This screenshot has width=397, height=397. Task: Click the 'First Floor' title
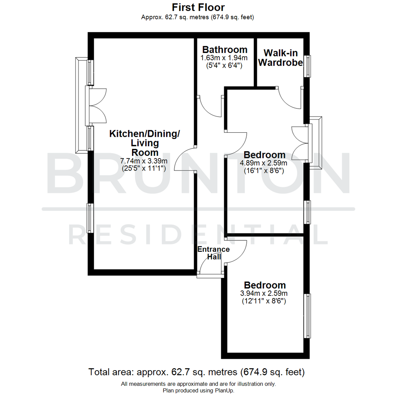[198, 7]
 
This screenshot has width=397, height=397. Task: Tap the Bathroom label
[225, 50]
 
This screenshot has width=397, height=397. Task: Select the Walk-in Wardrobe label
[280, 57]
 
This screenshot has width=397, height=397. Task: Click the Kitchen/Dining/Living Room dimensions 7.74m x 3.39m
[144, 161]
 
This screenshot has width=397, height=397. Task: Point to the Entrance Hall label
[213, 253]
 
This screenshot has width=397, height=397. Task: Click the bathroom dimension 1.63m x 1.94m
[224, 58]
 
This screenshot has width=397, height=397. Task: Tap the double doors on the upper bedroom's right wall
[300, 143]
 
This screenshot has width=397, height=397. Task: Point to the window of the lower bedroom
[307, 316]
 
